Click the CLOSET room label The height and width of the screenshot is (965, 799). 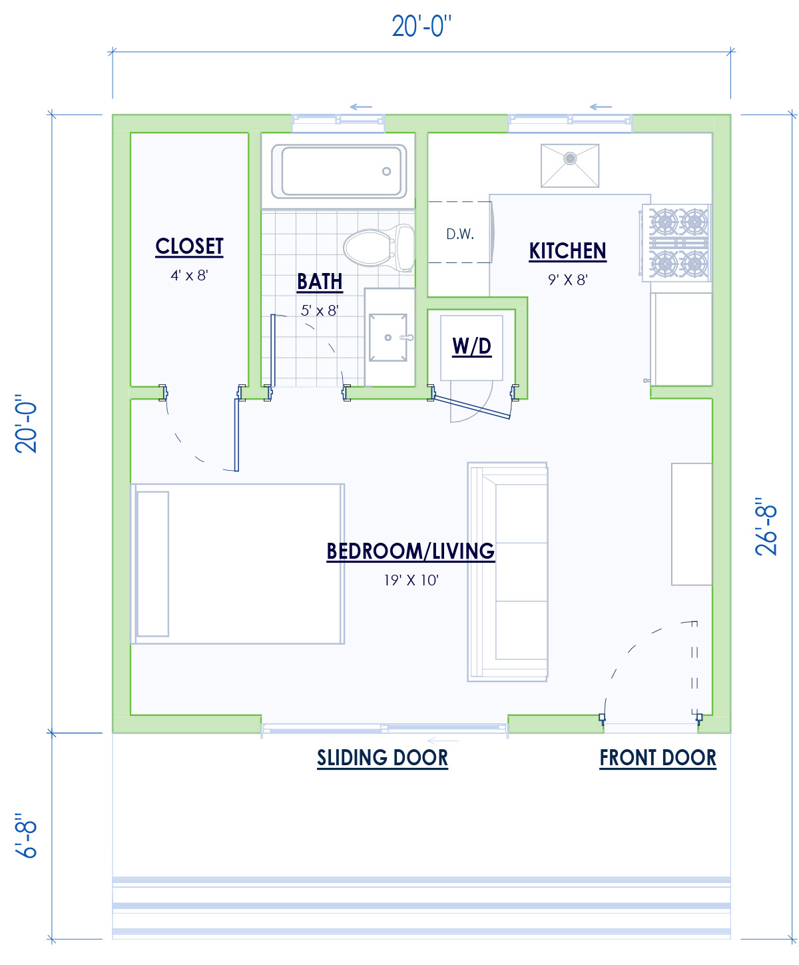(189, 246)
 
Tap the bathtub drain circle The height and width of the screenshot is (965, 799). (386, 172)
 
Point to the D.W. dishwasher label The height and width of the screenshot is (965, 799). (460, 234)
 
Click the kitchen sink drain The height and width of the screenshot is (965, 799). (570, 159)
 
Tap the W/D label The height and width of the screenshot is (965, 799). (471, 346)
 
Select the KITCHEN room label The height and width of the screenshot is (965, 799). (567, 251)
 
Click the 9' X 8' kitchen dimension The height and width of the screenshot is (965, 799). (568, 280)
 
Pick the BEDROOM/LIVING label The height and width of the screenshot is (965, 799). (410, 551)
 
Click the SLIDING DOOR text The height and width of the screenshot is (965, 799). (382, 758)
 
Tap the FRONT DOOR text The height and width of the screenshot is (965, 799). (658, 758)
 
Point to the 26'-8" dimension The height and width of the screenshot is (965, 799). (766, 526)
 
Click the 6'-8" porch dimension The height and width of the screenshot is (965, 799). (27, 835)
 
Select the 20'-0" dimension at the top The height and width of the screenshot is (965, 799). (421, 27)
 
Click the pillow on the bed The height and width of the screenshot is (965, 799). (152, 564)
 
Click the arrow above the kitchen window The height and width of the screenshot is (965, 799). (601, 107)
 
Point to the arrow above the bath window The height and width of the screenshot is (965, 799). (361, 107)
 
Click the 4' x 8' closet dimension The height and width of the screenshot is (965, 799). (189, 276)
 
